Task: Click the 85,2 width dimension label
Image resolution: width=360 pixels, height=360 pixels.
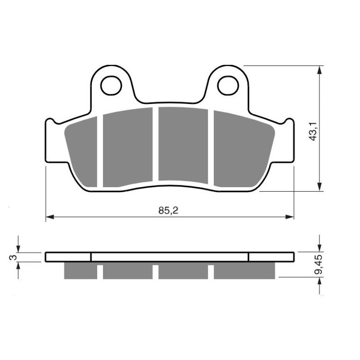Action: click(170, 210)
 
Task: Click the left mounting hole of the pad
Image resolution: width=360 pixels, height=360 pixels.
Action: click(110, 85)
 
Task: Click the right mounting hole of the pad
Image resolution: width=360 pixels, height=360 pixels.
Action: click(229, 85)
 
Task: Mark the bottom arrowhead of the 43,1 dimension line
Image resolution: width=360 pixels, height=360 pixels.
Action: click(319, 188)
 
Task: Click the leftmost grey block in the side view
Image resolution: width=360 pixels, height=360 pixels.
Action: click(81, 270)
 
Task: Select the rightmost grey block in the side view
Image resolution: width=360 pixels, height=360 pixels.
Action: click(243, 270)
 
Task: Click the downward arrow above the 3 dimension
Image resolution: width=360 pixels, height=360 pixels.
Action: click(18, 248)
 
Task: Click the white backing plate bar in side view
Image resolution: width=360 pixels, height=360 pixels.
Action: click(170, 257)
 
